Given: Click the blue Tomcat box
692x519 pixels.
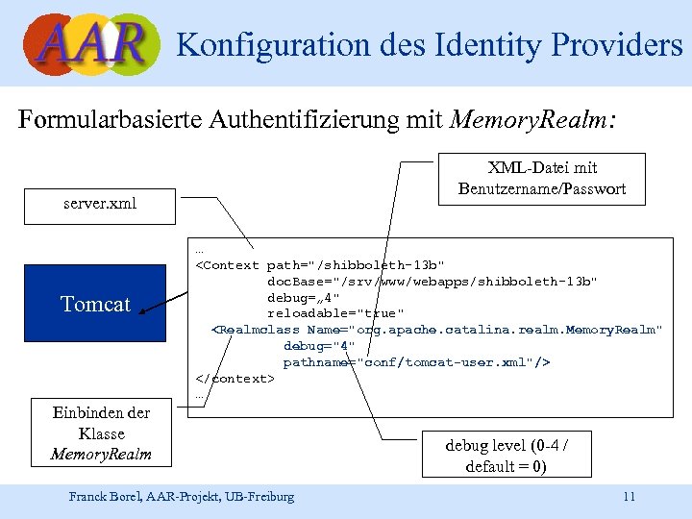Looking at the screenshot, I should pyautogui.click(x=95, y=305).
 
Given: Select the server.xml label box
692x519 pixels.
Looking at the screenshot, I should pyautogui.click(x=101, y=204).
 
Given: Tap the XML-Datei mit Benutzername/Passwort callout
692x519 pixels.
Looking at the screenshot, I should pyautogui.click(x=542, y=179).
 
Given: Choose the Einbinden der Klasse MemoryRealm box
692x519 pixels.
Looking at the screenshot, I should pyautogui.click(x=101, y=432).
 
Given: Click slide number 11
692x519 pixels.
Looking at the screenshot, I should pyautogui.click(x=629, y=497).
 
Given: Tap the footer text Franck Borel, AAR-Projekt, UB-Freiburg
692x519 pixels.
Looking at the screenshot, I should pyautogui.click(x=182, y=497).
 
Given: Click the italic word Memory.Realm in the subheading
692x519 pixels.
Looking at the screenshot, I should pyautogui.click(x=529, y=120).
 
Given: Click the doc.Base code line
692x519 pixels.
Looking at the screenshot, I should pyautogui.click(x=432, y=281).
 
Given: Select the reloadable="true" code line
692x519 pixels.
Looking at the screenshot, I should pyautogui.click(x=335, y=313).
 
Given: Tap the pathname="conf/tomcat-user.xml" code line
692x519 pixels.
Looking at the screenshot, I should pyautogui.click(x=416, y=362).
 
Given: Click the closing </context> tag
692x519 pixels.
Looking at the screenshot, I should pyautogui.click(x=235, y=379).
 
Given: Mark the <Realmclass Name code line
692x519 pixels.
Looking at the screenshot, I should pyautogui.click(x=436, y=330).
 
